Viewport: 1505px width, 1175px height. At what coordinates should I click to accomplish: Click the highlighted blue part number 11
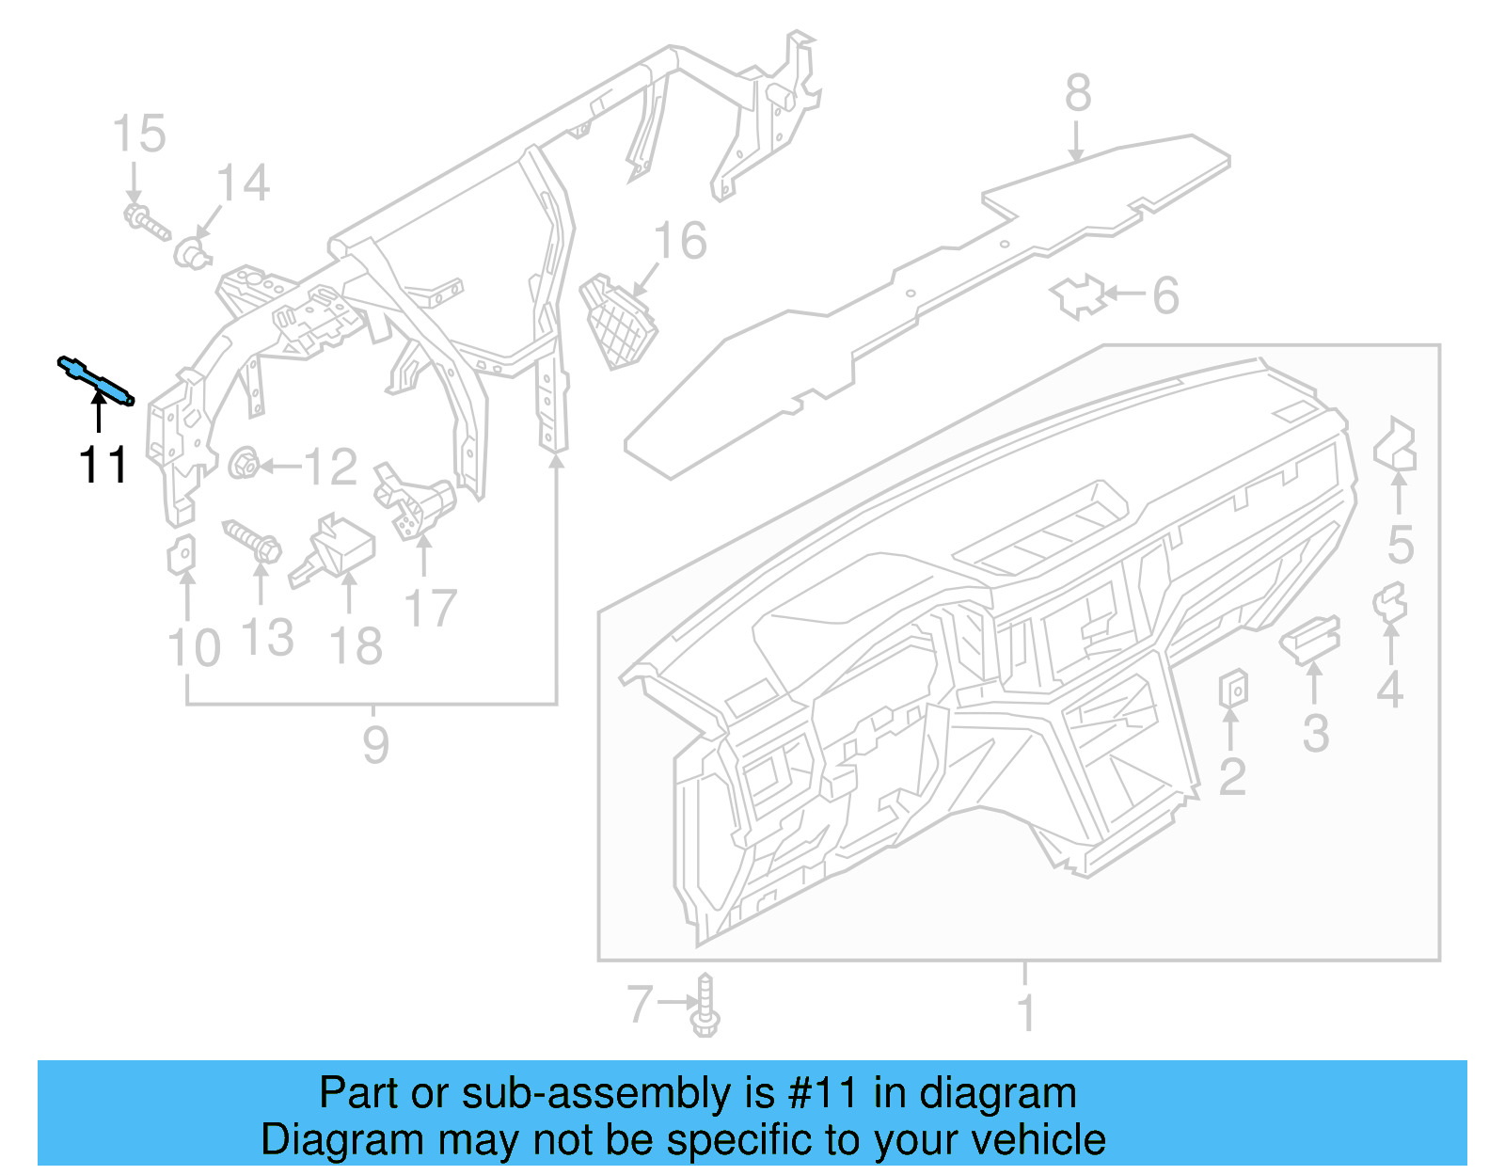(96, 380)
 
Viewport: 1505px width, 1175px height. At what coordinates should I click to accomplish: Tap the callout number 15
(139, 135)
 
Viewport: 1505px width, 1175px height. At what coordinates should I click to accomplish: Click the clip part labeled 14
(192, 252)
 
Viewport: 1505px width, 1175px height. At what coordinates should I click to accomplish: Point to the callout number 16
(679, 242)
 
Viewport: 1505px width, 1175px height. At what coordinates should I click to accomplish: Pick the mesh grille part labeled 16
(618, 321)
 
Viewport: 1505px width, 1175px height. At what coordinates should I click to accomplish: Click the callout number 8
(1078, 94)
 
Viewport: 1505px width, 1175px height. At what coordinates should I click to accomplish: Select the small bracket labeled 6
(1078, 296)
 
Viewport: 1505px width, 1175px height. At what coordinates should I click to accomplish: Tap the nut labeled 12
(244, 463)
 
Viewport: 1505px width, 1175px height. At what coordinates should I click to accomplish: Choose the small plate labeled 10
(182, 555)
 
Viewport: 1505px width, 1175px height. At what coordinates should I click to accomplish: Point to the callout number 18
(356, 647)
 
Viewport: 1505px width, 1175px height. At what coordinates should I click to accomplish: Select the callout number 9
(375, 745)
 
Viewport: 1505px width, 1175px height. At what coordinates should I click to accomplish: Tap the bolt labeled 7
(705, 1007)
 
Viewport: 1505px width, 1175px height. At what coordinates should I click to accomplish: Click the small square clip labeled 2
(1233, 689)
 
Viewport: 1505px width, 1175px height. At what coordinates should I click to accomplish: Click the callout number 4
(1389, 690)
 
